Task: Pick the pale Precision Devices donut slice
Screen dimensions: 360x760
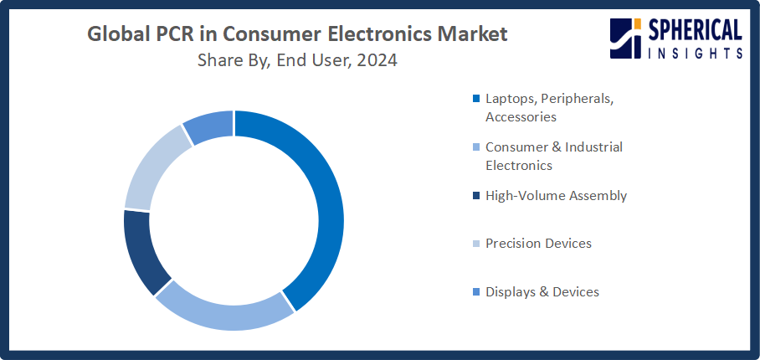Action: click(x=151, y=167)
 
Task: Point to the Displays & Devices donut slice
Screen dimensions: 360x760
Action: click(x=208, y=124)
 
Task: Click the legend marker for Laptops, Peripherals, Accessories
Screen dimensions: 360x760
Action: click(x=477, y=99)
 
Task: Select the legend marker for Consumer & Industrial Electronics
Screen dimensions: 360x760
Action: click(x=477, y=147)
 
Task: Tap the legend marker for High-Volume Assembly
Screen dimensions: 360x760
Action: click(x=477, y=196)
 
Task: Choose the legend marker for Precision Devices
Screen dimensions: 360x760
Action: click(x=477, y=244)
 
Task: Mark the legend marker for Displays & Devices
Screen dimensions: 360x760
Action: click(x=477, y=292)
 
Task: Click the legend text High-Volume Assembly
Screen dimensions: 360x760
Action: click(x=556, y=196)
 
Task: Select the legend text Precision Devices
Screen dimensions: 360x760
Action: click(x=538, y=244)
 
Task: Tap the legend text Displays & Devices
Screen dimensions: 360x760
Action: click(x=542, y=292)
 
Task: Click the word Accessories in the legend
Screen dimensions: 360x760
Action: click(x=521, y=117)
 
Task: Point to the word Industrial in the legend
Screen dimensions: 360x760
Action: click(x=593, y=147)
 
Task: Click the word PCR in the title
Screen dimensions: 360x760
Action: click(x=168, y=35)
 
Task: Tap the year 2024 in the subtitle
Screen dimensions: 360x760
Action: click(x=376, y=61)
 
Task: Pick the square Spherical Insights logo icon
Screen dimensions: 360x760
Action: click(x=626, y=39)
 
